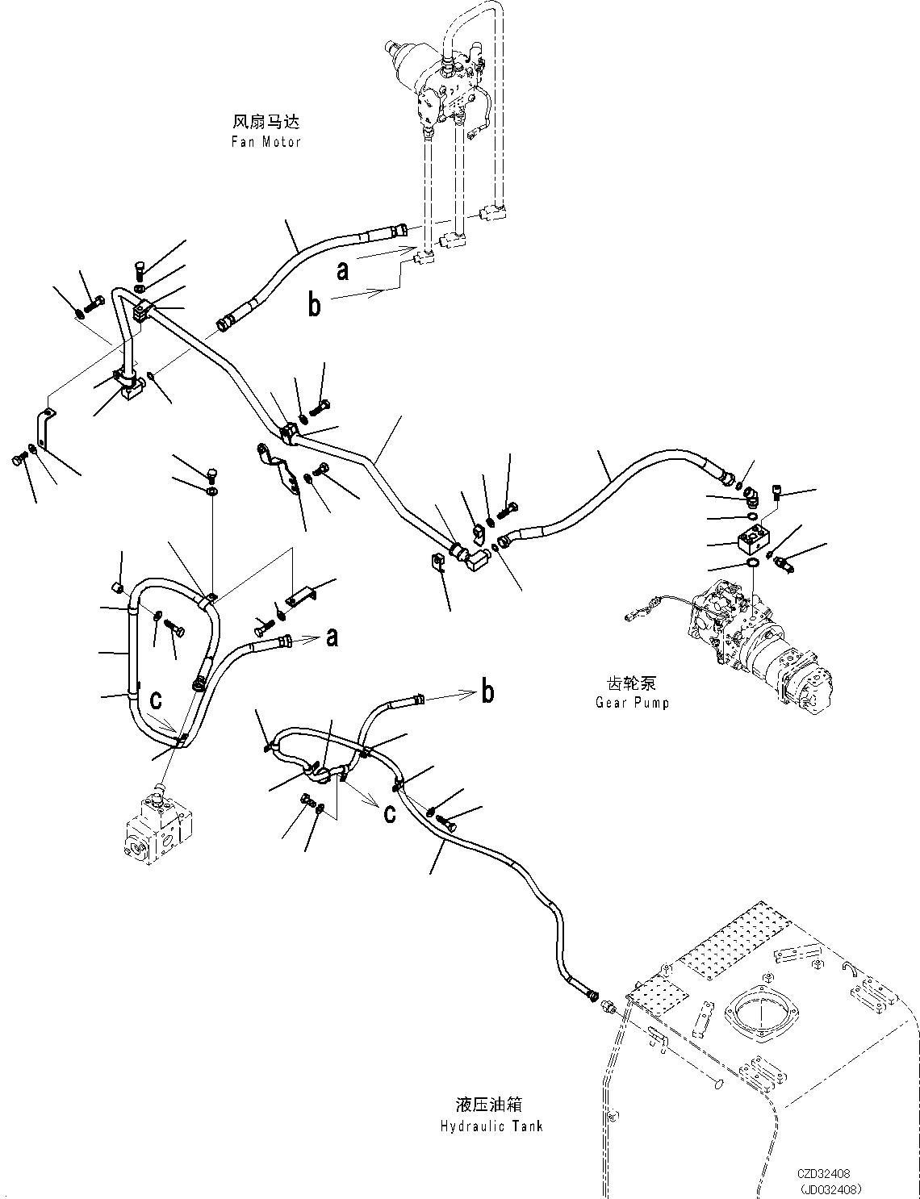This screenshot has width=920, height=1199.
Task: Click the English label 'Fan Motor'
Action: [x=266, y=142]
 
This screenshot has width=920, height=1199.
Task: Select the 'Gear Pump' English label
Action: [x=632, y=702]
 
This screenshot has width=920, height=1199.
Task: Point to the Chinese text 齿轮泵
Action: [x=632, y=683]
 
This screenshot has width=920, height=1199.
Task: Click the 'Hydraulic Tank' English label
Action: [x=493, y=1126]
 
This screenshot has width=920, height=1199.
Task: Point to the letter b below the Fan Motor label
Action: [x=315, y=304]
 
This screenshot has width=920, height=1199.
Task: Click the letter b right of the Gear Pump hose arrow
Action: [x=487, y=692]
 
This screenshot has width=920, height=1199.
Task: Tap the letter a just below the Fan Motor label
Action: [x=343, y=270]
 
